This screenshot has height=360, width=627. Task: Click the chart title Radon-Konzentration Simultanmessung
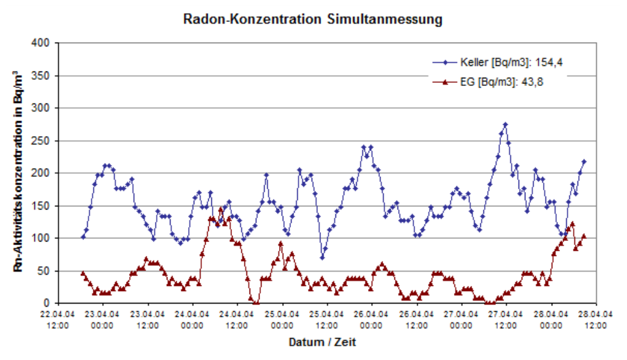coord(312,19)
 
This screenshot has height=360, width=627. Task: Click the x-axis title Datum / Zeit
coord(322,342)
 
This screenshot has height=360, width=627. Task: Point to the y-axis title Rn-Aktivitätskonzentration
coord(20,172)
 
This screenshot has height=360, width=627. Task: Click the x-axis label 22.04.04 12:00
coord(58,320)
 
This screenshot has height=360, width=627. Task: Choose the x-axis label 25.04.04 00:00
coord(282,320)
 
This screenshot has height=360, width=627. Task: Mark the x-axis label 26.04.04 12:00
coord(416,320)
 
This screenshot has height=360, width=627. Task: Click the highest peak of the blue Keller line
coord(505,125)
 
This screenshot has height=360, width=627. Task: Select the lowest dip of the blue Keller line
coord(322,257)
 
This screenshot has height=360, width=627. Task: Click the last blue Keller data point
coord(584,162)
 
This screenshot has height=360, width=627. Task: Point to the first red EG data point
coord(83,273)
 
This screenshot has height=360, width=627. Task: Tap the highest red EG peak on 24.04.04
coord(221,209)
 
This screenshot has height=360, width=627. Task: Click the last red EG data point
coord(584,236)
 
